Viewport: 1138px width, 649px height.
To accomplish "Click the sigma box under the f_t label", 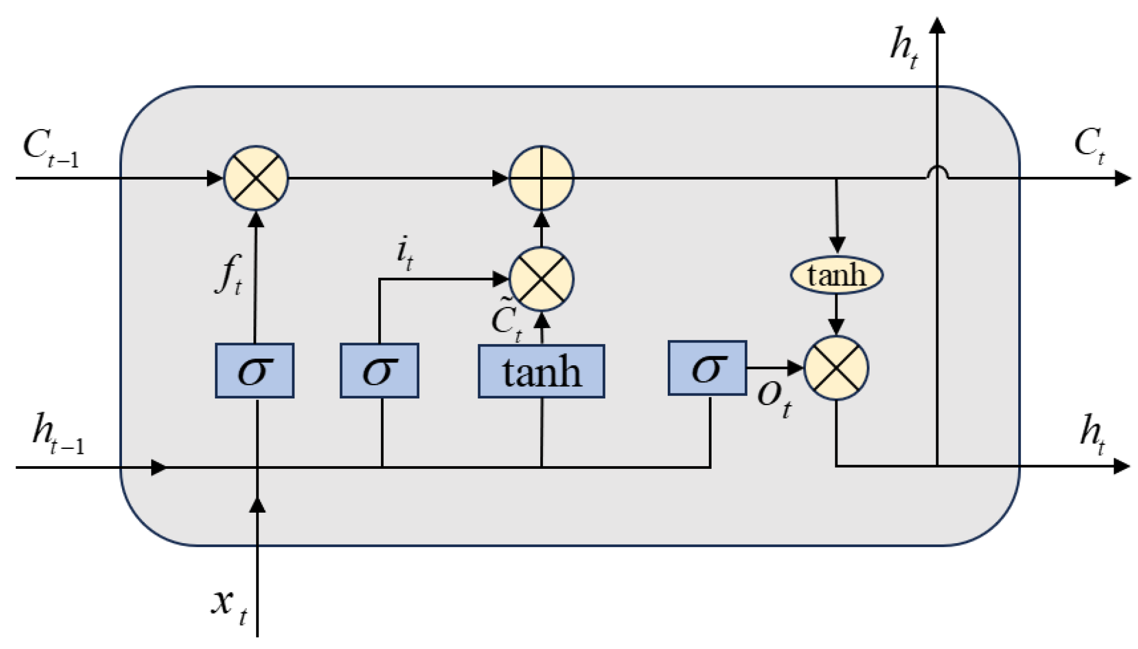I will point(255,370).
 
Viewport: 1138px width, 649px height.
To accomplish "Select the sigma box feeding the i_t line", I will point(379,370).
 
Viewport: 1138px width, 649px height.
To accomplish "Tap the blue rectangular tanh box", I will point(541,371).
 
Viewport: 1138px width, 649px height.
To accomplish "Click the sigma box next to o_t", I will point(707,368).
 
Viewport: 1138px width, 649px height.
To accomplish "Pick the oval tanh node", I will point(836,275).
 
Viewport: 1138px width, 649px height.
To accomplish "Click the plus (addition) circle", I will point(541,178).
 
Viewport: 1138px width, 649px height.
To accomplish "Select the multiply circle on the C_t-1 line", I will point(256,178).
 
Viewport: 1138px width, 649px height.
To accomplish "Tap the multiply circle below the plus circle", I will point(541,279).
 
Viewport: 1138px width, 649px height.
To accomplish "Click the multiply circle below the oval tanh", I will point(836,368).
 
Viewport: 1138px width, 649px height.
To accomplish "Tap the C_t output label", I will point(1089,145).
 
